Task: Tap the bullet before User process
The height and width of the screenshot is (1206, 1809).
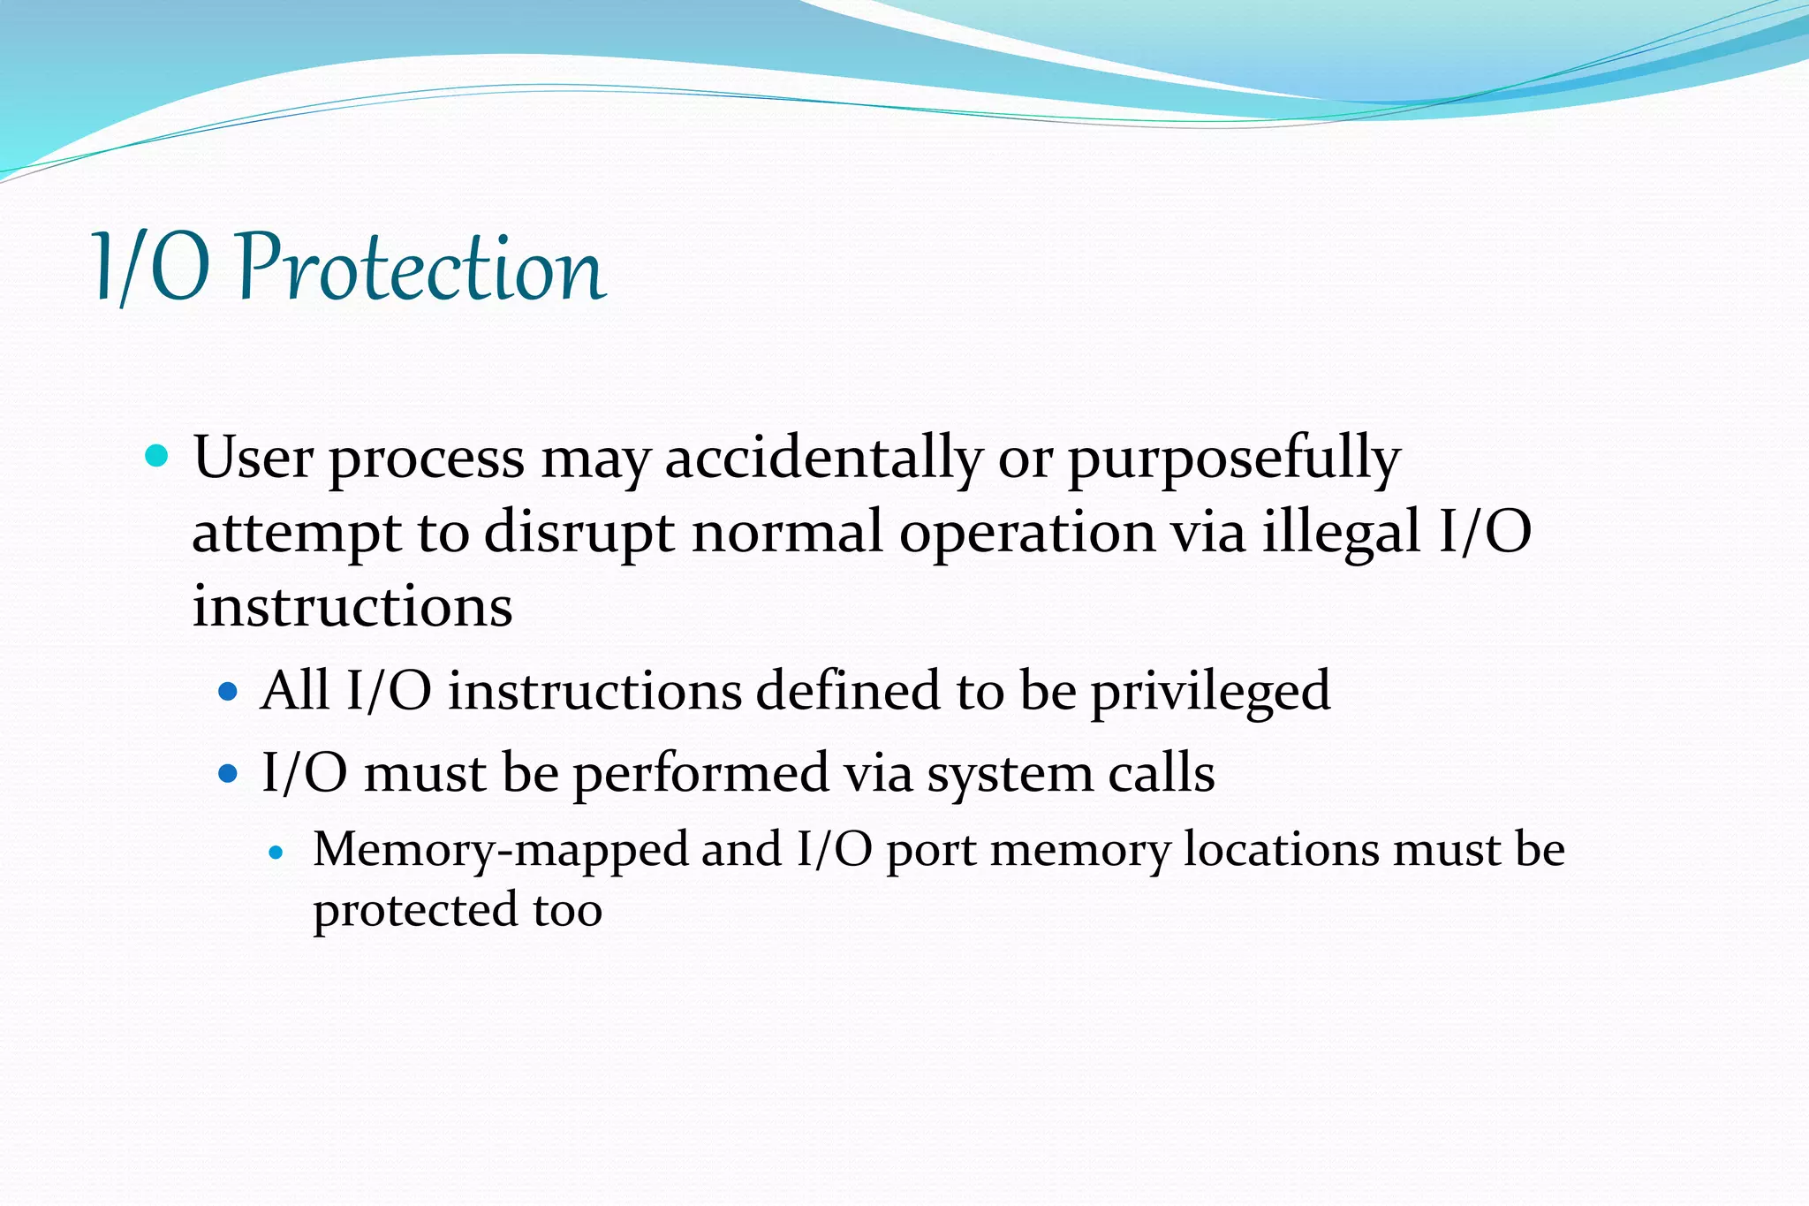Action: tap(156, 457)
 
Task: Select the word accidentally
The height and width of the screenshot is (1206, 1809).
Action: tap(822, 459)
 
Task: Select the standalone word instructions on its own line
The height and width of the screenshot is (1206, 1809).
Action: tap(352, 608)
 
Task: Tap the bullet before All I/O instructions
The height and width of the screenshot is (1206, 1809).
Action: tap(228, 691)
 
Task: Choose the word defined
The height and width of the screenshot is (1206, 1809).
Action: tap(848, 690)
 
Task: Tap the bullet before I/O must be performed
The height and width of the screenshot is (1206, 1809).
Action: tap(228, 774)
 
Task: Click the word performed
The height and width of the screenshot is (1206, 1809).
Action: tap(700, 775)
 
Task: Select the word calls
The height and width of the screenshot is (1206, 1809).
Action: tap(1162, 773)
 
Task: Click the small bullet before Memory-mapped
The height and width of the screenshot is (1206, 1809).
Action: tap(276, 853)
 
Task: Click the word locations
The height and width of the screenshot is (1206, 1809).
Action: tap(1282, 850)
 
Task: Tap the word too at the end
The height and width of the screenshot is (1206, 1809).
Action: tap(568, 911)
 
